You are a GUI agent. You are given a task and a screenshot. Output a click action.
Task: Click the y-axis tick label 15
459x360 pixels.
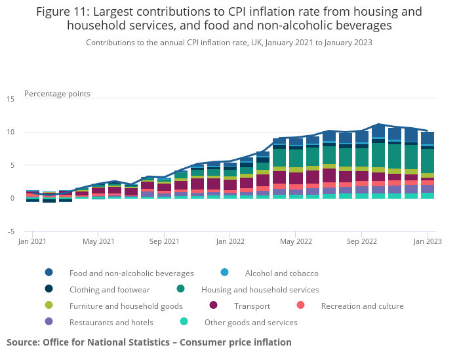(10, 99)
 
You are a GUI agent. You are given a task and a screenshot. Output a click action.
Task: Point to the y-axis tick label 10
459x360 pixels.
(10, 132)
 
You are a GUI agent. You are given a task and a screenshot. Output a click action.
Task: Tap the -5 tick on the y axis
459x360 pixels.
(10, 231)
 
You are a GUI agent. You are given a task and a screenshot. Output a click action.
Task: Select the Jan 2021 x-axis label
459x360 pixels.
(32, 242)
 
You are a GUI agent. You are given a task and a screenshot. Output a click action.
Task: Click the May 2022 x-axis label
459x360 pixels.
(295, 242)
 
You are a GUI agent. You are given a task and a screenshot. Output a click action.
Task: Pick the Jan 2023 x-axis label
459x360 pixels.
(427, 242)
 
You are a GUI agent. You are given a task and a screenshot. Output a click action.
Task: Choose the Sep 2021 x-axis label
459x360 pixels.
(164, 242)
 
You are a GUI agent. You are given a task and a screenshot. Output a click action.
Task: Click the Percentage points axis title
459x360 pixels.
(57, 94)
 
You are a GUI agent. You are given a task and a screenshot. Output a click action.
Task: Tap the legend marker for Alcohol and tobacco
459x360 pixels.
(225, 273)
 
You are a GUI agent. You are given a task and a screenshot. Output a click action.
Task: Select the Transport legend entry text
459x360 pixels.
(252, 306)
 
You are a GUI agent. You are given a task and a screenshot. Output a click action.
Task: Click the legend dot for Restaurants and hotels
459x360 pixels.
(49, 323)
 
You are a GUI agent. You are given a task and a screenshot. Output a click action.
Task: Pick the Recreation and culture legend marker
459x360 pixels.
(301, 306)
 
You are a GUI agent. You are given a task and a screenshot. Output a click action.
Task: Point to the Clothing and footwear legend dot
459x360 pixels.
(49, 290)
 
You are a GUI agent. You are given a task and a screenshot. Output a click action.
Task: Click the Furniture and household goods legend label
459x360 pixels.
(126, 306)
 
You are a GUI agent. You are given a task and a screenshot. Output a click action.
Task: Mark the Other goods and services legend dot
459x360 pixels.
(184, 323)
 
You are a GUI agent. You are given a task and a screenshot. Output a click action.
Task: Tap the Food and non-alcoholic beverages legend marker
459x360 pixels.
(49, 273)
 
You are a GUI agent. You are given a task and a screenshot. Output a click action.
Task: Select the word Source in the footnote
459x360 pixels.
(23, 342)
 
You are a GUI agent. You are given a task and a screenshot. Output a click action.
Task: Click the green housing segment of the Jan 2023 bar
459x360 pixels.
(427, 161)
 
